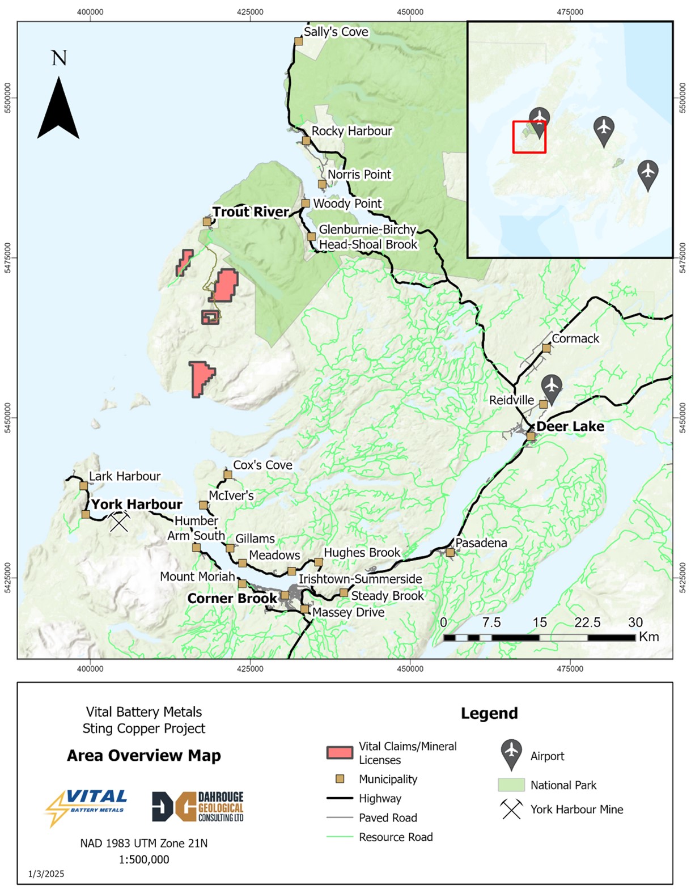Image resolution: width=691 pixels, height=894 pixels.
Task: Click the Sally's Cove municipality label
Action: pos(336,32)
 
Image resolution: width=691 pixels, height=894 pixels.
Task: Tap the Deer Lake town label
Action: pos(570,426)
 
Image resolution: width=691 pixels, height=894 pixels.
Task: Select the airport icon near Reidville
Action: pos(551,387)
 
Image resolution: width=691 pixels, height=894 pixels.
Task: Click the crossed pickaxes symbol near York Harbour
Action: pos(119,522)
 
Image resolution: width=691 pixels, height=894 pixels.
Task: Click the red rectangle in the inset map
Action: pos(529,137)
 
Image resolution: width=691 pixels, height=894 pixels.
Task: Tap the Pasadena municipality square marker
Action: pos(450,552)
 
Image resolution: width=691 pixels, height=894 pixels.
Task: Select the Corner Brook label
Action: pos(232,599)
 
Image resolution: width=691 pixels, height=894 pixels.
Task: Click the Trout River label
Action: pos(251,212)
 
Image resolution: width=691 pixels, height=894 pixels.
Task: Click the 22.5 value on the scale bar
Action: pos(587,622)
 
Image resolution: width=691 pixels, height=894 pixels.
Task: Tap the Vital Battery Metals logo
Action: pos(87,807)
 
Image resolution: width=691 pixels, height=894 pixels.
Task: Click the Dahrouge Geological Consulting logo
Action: pos(198,807)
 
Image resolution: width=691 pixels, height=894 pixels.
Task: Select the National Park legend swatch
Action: pos(511,785)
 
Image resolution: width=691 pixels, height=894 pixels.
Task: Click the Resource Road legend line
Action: pos(340,837)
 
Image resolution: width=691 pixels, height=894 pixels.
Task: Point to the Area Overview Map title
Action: pos(143,756)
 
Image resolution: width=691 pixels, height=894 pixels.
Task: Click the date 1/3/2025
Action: pos(46,874)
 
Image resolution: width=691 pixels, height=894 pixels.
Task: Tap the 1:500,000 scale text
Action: pos(143,859)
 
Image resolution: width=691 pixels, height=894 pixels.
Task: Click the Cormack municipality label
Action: pos(575,338)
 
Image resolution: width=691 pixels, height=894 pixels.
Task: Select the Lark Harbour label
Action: pos(125,476)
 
